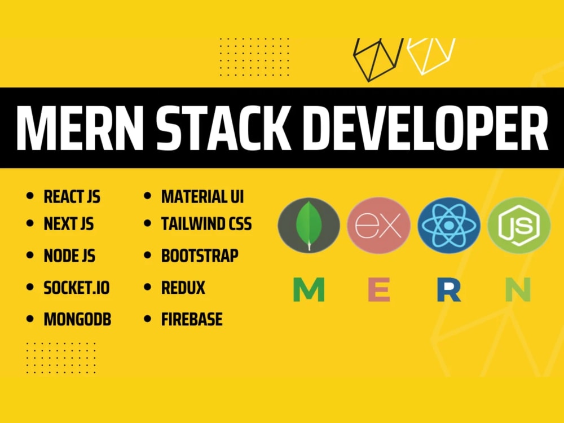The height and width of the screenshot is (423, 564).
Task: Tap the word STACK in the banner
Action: [223, 128]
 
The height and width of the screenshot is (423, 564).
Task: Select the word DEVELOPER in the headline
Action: [425, 128]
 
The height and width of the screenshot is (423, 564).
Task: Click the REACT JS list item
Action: [72, 197]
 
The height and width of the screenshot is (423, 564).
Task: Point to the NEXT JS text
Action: [69, 224]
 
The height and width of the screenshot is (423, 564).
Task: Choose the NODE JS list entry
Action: [69, 255]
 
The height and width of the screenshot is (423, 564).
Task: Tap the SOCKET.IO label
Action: [77, 288]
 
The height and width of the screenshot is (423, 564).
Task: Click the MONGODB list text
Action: [77, 319]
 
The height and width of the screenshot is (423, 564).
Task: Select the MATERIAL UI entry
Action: [202, 197]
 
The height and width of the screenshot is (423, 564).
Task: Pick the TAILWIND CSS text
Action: [206, 224]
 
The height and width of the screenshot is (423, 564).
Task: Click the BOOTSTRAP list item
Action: [200, 255]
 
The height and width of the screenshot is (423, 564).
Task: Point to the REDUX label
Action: [183, 288]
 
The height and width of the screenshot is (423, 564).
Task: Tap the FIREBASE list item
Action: [192, 319]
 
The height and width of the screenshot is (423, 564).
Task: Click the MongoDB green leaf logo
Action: [309, 226]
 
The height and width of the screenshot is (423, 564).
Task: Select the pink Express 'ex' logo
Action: [379, 226]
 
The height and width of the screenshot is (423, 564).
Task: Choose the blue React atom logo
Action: [449, 226]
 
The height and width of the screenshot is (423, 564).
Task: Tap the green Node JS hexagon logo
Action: [519, 226]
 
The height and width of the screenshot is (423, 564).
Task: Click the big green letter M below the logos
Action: [309, 289]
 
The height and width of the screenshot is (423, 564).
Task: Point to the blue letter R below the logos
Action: [449, 289]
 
